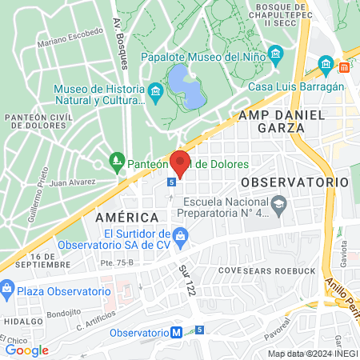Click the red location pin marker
[180, 162]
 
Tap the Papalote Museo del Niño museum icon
[276, 56]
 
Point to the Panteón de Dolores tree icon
[117, 161]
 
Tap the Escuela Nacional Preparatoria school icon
[278, 206]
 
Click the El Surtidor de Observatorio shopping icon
[181, 234]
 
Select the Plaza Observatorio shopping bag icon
[7, 287]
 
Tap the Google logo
[26, 350]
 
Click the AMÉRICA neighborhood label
[126, 218]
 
